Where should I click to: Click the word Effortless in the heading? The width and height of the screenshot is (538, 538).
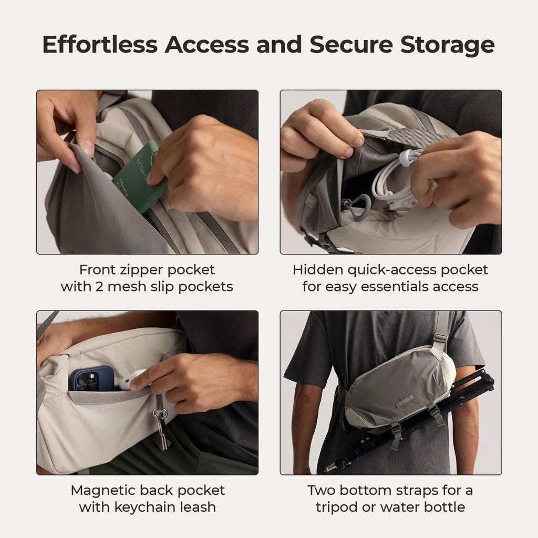100,45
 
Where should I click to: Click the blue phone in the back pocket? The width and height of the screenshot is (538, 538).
91,379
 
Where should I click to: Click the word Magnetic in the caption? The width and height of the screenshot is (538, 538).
104,490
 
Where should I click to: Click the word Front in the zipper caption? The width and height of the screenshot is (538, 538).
98,270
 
